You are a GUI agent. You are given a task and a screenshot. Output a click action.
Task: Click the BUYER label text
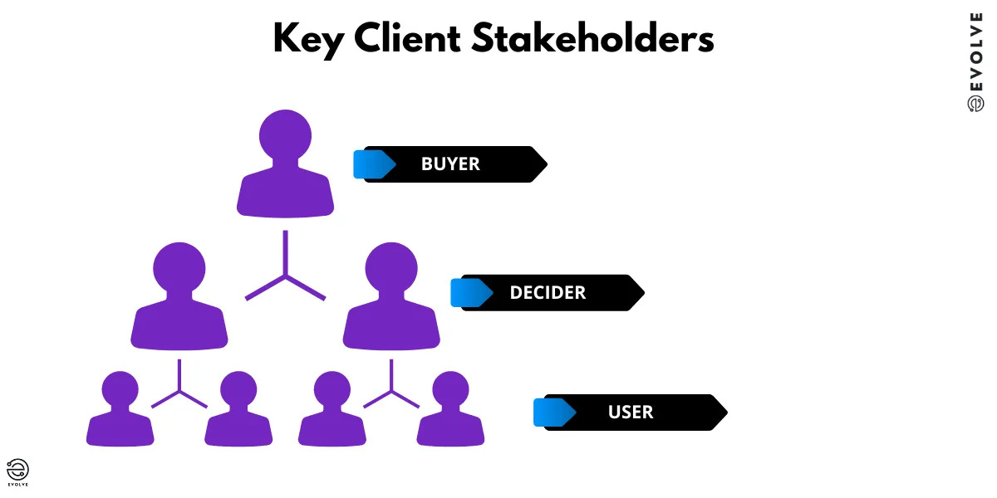[x=450, y=164]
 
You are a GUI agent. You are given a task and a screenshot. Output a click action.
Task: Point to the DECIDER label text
[x=548, y=293]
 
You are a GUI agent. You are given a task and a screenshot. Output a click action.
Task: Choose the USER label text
[x=631, y=413]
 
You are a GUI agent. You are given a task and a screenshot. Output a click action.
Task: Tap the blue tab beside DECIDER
[x=469, y=293]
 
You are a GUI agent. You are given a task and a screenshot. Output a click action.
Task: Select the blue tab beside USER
[x=553, y=413]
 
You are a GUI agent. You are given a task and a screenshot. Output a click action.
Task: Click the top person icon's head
[x=285, y=135]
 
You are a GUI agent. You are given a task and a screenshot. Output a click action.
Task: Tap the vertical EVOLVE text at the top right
[x=976, y=58]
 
